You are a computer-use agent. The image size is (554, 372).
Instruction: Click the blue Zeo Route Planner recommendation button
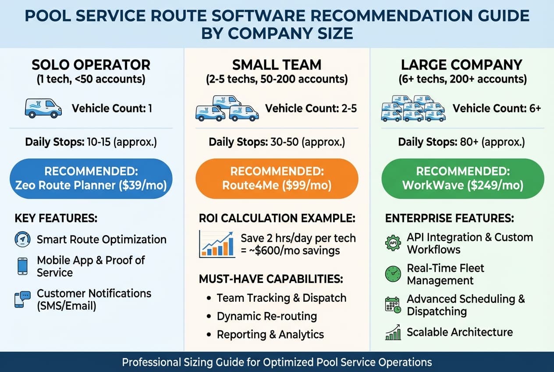click(x=91, y=179)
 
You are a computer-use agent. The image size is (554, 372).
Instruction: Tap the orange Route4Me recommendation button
click(x=277, y=179)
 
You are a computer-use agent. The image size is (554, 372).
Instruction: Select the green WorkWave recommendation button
click(x=462, y=179)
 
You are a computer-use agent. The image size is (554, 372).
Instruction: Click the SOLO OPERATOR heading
click(x=91, y=65)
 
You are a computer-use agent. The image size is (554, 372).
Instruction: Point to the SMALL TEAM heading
click(x=277, y=65)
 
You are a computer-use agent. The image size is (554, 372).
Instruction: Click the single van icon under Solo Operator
click(x=43, y=108)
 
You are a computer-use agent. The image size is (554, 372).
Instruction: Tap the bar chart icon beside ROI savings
click(x=217, y=244)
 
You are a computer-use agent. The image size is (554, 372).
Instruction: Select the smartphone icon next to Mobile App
click(x=22, y=266)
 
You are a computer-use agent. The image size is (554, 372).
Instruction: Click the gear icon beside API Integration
click(x=393, y=243)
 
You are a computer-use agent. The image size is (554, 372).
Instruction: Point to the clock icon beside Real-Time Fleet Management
click(x=393, y=274)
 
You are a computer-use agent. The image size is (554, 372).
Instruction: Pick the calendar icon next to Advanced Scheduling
click(x=393, y=305)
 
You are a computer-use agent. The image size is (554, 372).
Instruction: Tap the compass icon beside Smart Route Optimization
click(x=22, y=239)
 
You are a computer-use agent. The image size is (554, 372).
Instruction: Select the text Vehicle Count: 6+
click(x=497, y=108)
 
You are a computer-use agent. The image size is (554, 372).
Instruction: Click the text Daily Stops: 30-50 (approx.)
click(x=277, y=142)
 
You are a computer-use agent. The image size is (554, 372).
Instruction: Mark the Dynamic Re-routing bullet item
click(x=266, y=316)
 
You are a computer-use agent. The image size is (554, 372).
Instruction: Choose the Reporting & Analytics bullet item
click(x=270, y=334)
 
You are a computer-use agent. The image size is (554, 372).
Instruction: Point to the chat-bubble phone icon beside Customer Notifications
click(x=22, y=299)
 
